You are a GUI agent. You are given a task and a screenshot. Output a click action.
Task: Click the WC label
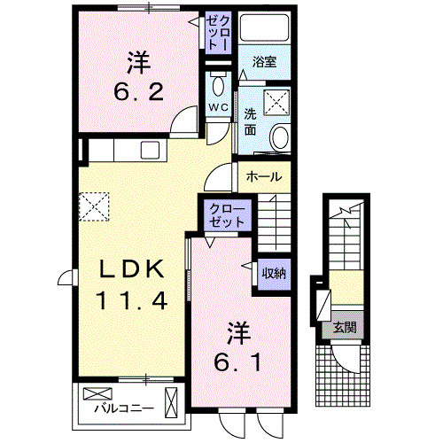pos(218,109)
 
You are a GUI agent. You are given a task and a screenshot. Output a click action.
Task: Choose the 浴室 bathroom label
pos(263,62)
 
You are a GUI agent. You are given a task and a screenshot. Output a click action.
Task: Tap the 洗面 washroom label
pos(250,121)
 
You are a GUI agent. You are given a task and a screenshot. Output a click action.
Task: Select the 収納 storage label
pos(273,273)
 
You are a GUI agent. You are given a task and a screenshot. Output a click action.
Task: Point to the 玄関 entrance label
pos(345,327)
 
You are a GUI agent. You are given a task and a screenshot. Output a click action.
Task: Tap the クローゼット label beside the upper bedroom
pos(219,33)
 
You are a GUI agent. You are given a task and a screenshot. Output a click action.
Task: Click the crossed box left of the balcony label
pos(93,394)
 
